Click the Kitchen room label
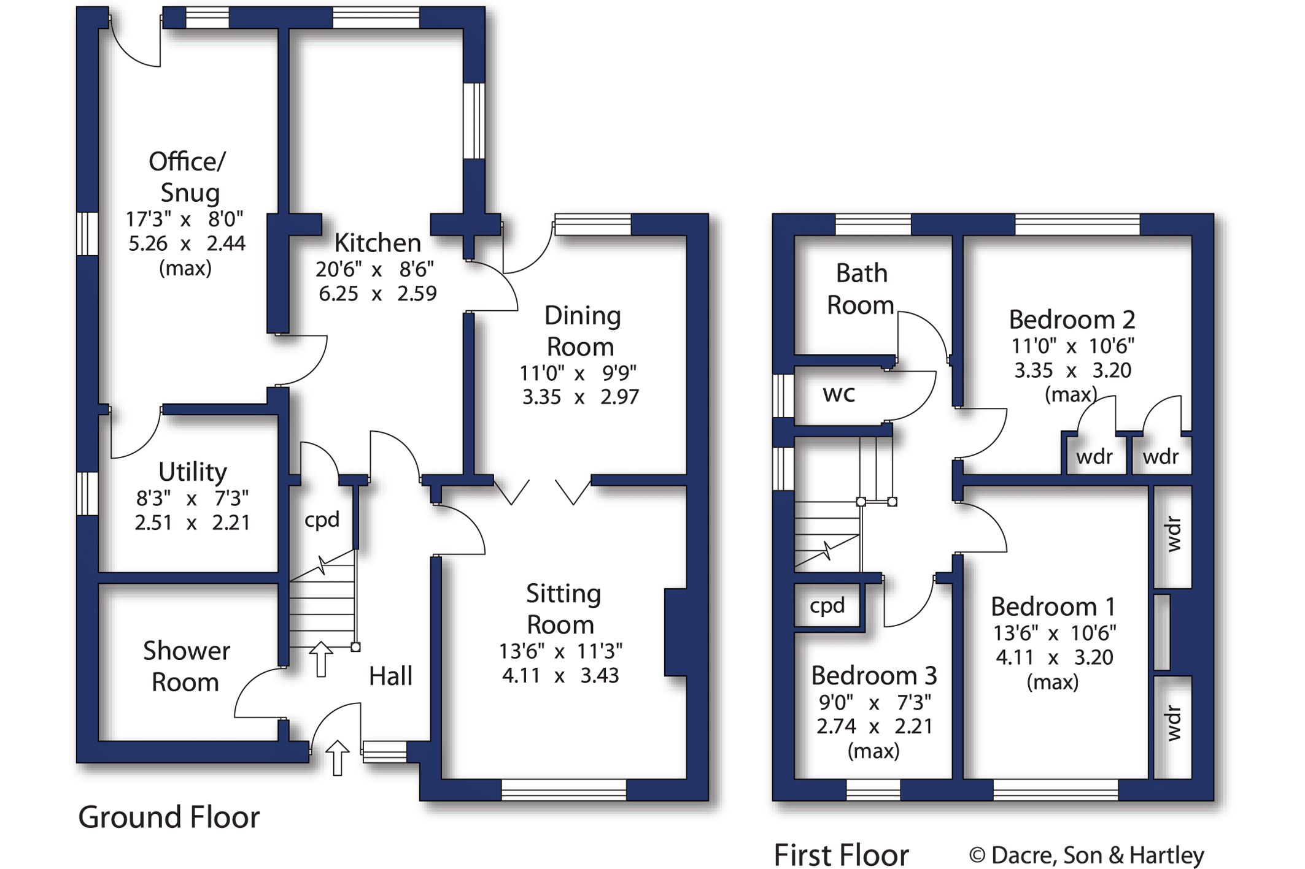point(378,243)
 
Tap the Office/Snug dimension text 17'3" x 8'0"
point(185,219)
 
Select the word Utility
point(193,472)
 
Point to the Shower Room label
point(186,667)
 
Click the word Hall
point(390,676)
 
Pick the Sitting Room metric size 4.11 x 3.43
point(560,676)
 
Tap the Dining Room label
point(582,331)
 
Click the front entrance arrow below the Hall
point(337,757)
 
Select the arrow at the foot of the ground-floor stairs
point(320,659)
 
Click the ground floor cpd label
point(322,520)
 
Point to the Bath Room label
point(861,289)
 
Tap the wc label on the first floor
point(838,394)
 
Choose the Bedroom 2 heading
point(1072,320)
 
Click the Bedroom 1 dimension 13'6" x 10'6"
point(1055,633)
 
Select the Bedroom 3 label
point(873,676)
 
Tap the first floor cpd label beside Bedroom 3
point(827,606)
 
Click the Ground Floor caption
point(169,817)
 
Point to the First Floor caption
point(841,855)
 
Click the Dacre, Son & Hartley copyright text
point(1086,856)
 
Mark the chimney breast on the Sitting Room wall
point(675,632)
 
